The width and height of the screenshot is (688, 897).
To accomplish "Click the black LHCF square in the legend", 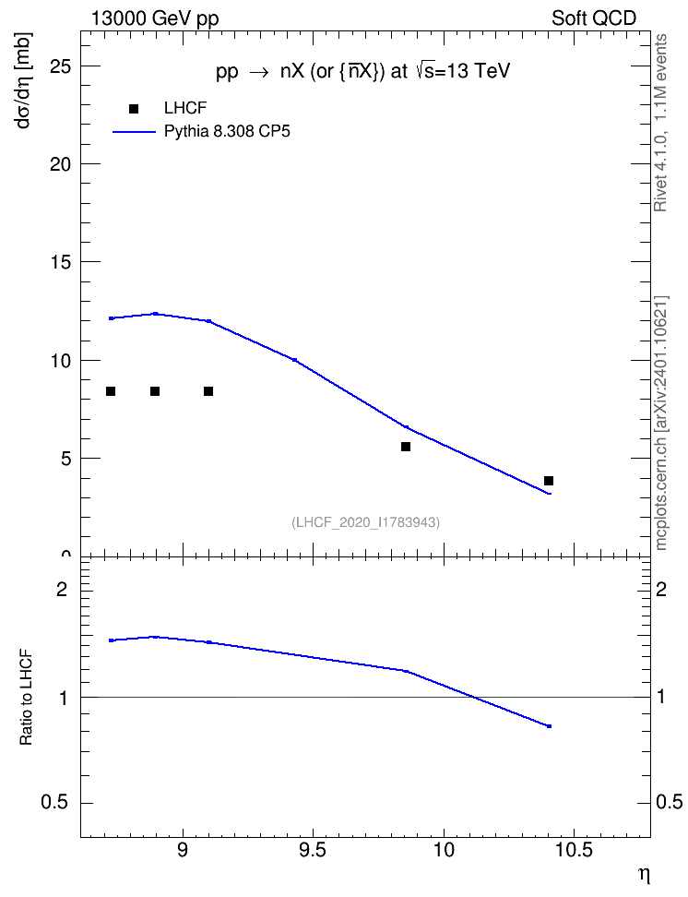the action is tap(134, 109).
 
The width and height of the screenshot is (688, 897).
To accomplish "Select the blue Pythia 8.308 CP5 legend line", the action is tap(135, 132).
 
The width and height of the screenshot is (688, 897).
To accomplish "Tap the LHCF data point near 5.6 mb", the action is tap(406, 447).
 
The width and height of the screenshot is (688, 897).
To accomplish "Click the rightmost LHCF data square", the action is tap(549, 481).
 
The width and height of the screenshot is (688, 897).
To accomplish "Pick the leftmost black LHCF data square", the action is tap(111, 391).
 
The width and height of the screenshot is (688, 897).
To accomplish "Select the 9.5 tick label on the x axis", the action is tap(313, 850).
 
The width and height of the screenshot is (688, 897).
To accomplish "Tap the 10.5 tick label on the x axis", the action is tap(575, 850).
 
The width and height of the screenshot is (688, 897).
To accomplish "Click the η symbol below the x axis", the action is tap(645, 875).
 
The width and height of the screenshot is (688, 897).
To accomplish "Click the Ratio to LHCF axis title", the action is tap(26, 698).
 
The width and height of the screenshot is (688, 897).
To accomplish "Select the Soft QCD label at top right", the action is tap(594, 18).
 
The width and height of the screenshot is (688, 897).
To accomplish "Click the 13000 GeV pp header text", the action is tap(155, 18).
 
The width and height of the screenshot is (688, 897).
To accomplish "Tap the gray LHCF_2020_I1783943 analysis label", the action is tap(366, 522).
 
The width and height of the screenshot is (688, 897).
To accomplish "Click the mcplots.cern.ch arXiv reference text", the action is tap(661, 424).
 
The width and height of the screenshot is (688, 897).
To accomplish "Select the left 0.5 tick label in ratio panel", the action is tap(55, 803).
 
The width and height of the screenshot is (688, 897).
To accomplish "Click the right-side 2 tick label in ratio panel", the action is tap(661, 589).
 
